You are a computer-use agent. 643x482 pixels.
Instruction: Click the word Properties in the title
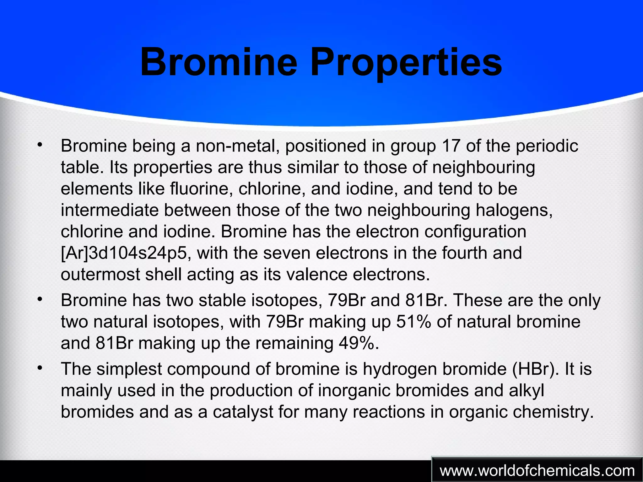(x=406, y=63)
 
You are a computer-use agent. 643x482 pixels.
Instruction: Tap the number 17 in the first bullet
(x=451, y=146)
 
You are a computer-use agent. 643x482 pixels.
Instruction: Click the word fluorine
(x=201, y=189)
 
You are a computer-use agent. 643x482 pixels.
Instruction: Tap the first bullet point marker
(x=39, y=145)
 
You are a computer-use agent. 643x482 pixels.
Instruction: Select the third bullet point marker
(x=39, y=367)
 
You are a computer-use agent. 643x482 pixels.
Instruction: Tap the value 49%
(x=358, y=343)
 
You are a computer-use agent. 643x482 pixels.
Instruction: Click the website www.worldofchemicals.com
(x=537, y=471)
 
